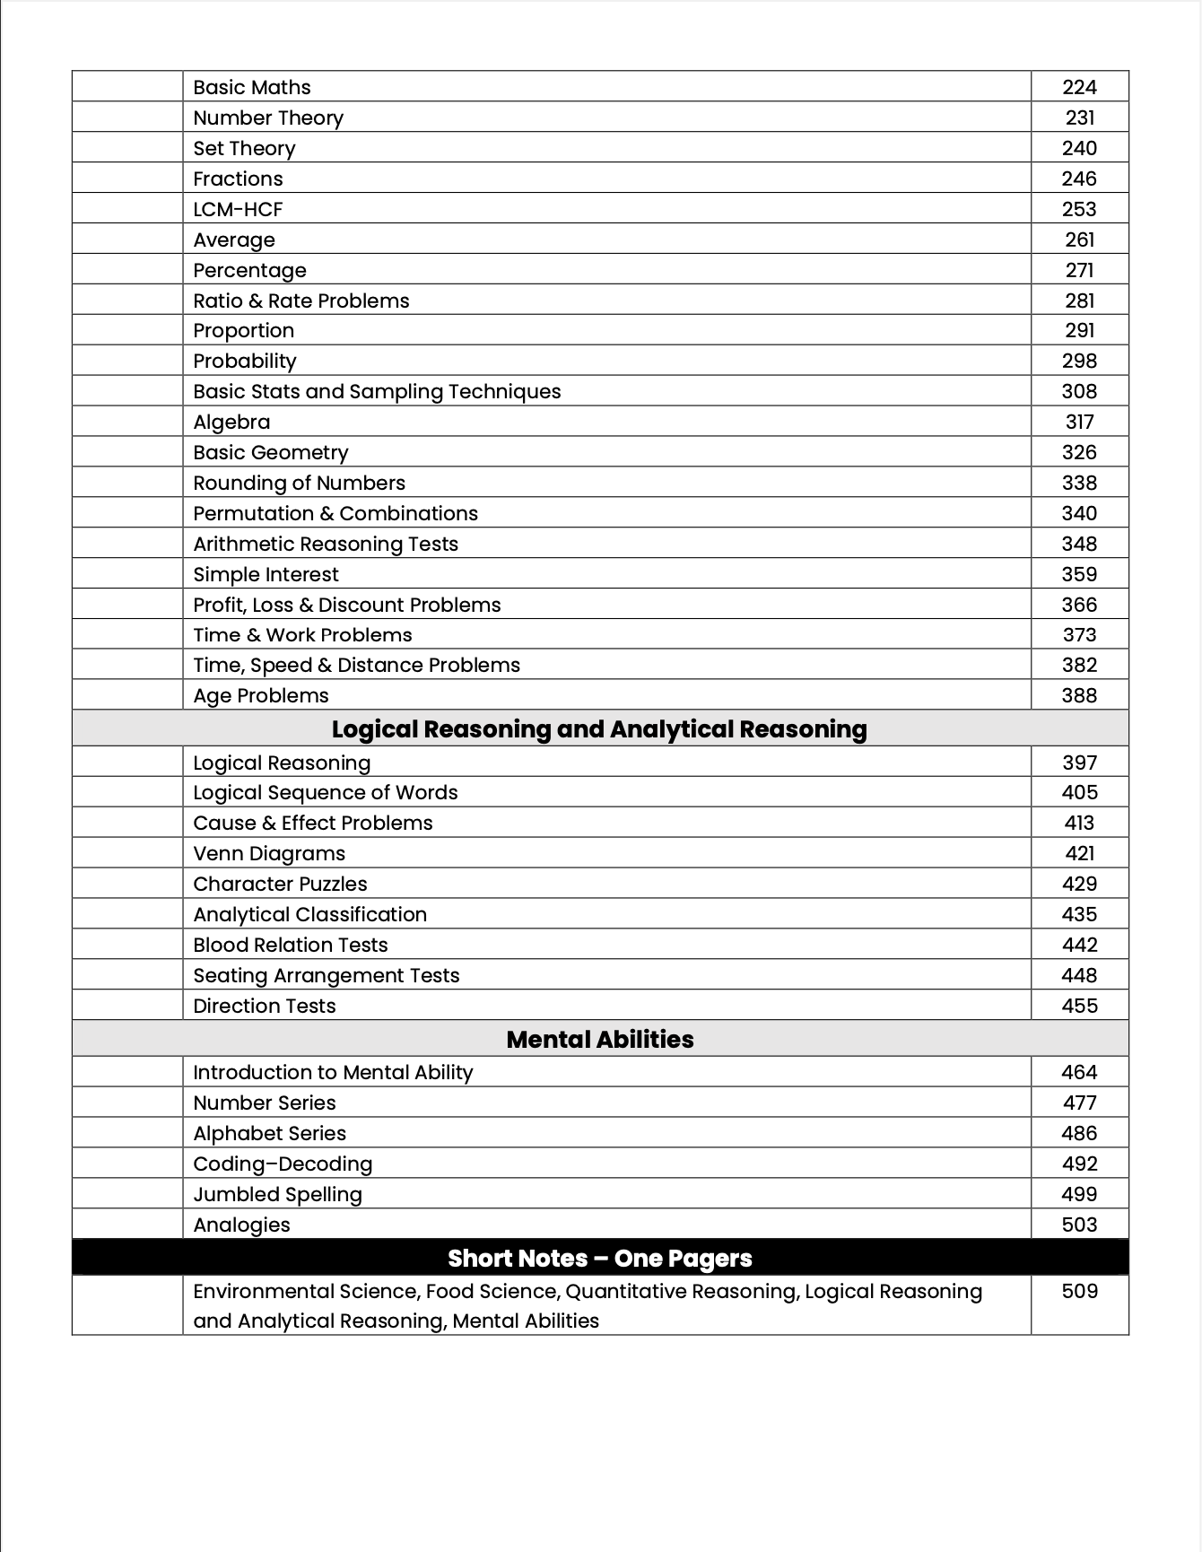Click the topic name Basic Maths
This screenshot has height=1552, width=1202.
tap(252, 87)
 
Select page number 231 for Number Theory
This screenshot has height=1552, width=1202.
tap(1079, 118)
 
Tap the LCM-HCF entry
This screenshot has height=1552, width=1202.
tap(238, 209)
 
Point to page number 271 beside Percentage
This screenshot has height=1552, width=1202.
tap(1079, 270)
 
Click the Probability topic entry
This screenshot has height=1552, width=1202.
tap(244, 361)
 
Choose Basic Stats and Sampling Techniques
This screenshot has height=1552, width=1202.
tap(377, 391)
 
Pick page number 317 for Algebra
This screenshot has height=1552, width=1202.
tap(1079, 422)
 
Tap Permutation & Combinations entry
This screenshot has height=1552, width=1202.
tap(335, 513)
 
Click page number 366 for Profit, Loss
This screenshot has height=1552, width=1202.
tap(1079, 605)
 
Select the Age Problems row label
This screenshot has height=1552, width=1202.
tap(261, 695)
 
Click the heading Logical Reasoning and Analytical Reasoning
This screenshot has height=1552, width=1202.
tap(599, 728)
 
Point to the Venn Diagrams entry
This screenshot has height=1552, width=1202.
tap(269, 853)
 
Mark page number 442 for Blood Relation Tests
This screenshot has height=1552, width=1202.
tap(1079, 945)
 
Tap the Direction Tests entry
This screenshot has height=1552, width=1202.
tap(265, 1006)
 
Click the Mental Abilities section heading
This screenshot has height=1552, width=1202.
tap(599, 1039)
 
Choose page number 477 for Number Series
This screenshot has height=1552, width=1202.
tap(1079, 1103)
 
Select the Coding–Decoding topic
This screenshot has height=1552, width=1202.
tap(283, 1164)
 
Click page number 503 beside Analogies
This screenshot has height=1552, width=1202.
tap(1079, 1225)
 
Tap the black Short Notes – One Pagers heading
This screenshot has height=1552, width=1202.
tap(599, 1258)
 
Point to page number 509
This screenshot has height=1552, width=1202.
tap(1079, 1291)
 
